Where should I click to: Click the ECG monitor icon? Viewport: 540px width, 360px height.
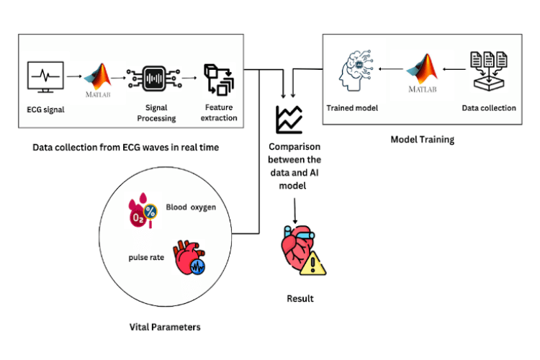pyautogui.click(x=44, y=77)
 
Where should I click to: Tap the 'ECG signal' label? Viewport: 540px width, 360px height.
pyautogui.click(x=44, y=112)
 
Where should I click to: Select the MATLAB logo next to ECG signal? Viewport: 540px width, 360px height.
pyautogui.click(x=99, y=78)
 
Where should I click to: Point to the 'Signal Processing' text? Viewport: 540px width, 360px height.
pyautogui.click(x=153, y=112)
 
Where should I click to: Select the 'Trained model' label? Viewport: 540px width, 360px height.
pyautogui.click(x=352, y=108)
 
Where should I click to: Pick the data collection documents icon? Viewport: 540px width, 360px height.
pyautogui.click(x=487, y=69)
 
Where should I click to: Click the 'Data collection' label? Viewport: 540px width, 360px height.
pyautogui.click(x=489, y=108)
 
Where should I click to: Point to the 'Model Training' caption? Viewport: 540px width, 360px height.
pyautogui.click(x=422, y=140)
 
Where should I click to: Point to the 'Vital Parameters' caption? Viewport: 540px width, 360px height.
pyautogui.click(x=160, y=327)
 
